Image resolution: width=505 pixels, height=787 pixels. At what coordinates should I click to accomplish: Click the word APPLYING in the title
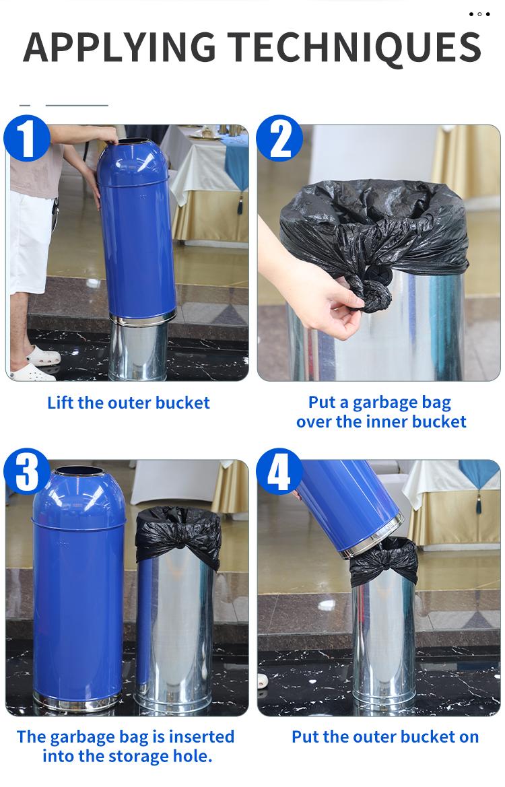[x=120, y=47]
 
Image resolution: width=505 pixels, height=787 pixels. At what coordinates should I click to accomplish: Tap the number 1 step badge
[x=27, y=139]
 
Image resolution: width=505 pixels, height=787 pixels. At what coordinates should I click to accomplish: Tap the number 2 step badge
[x=279, y=139]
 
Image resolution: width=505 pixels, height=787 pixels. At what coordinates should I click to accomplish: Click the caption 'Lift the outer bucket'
[x=129, y=403]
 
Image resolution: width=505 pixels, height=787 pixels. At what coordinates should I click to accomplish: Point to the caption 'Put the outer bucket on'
[x=384, y=737]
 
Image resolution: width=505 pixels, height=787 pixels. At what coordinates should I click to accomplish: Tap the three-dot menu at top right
[x=479, y=13]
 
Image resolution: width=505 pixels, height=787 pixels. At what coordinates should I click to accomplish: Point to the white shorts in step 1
[x=30, y=242]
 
